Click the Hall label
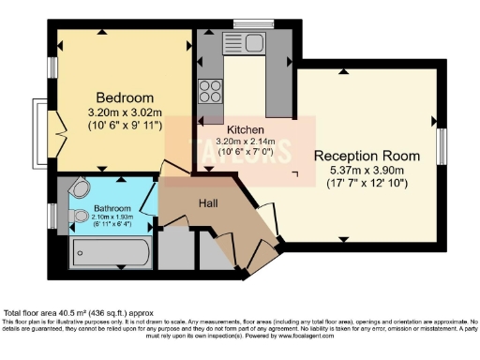click(x=209, y=202)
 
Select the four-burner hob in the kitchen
click(x=209, y=92)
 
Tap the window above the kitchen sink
click(x=253, y=23)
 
